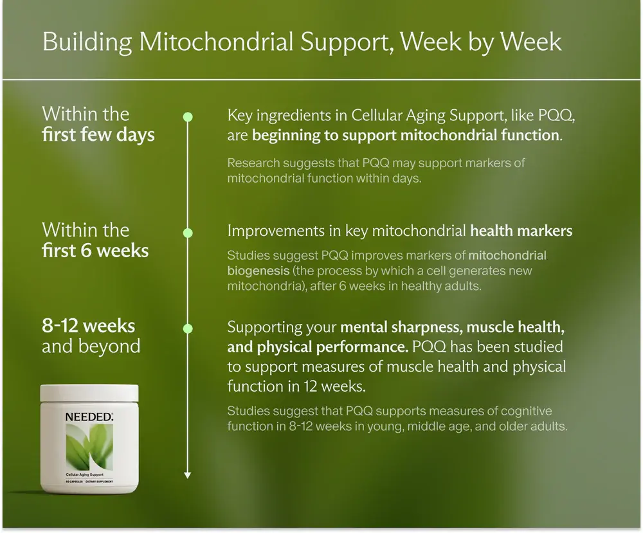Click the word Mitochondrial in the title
tap(216, 42)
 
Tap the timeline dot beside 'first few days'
tap(188, 117)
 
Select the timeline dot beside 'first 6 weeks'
tap(188, 233)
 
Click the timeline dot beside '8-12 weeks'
tap(188, 329)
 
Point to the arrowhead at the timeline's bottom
tap(187, 475)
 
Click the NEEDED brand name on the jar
tap(89, 417)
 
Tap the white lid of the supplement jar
tap(89, 393)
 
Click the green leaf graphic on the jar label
tap(89, 447)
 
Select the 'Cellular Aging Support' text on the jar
tap(84, 474)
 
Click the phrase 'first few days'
tap(98, 134)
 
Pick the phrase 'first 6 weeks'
tap(95, 251)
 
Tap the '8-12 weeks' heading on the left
tap(88, 326)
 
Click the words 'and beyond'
tap(91, 346)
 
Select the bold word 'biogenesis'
tap(258, 271)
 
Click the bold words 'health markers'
tap(521, 231)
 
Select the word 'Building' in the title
tap(87, 42)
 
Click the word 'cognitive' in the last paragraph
tap(527, 411)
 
